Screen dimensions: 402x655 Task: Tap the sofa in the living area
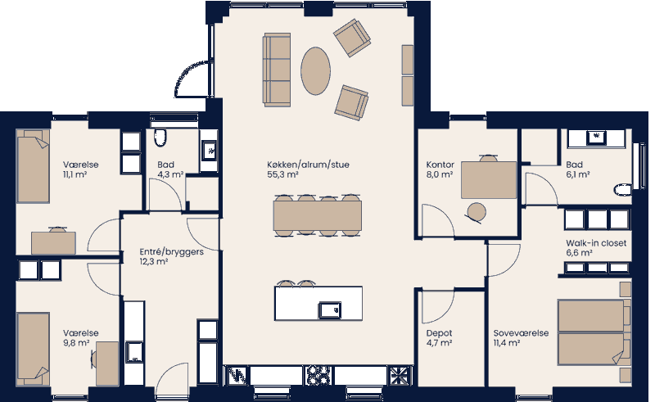(277, 70)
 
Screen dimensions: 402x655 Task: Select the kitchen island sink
(331, 309)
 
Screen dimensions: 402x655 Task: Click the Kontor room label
(430, 164)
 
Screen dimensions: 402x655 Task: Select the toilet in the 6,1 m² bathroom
(622, 192)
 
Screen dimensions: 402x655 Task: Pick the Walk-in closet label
(597, 243)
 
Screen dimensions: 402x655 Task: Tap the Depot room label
(439, 333)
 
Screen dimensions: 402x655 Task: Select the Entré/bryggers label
(171, 252)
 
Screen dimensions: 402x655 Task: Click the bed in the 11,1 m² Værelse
(35, 167)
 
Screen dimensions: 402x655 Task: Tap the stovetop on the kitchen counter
(317, 375)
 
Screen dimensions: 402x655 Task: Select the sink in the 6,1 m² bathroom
(597, 137)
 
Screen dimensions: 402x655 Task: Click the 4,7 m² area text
(439, 343)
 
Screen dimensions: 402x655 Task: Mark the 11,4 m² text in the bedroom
(507, 343)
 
